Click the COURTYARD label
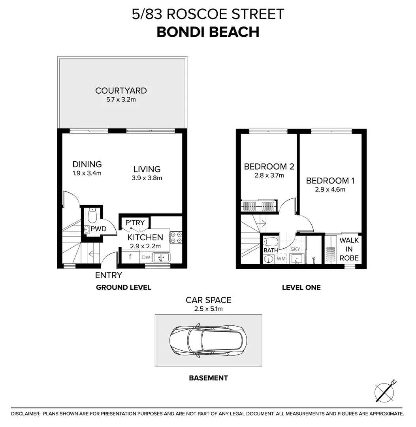coord(121,91)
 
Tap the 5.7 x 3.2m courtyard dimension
coord(121,100)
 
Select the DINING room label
coord(87,164)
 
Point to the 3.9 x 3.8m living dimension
coord(147,178)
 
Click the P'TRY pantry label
coord(135,223)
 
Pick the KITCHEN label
coord(145,237)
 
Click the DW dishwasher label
coord(146,258)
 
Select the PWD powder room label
coord(98,229)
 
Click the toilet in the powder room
coord(92,215)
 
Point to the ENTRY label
coord(109,275)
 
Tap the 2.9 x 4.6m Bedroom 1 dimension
coord(330,189)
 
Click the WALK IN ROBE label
coord(349,249)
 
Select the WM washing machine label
coord(281,259)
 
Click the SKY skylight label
coord(296,249)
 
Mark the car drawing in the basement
coord(208,340)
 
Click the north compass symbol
coord(385,392)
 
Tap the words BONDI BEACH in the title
coord(208,32)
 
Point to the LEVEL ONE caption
coord(301,287)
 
